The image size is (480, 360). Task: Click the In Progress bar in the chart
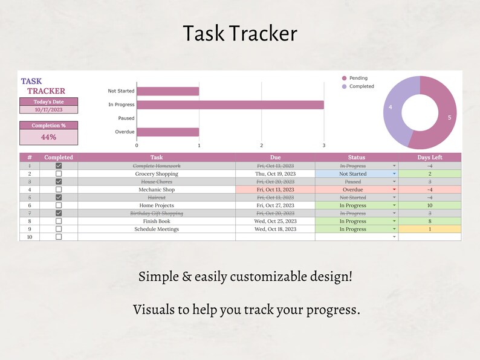tap(230, 104)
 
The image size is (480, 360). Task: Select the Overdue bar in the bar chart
tap(167, 132)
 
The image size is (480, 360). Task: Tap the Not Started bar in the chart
tap(167, 91)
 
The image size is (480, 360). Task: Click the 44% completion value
tap(49, 137)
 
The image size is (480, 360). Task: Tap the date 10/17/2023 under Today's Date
tap(49, 110)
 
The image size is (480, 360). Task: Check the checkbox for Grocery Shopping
tap(59, 174)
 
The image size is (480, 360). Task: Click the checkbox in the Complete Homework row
tap(59, 166)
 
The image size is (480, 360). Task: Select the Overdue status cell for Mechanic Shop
tap(353, 190)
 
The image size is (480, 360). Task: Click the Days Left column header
tap(430, 157)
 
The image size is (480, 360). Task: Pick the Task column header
tap(157, 157)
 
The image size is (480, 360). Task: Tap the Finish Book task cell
tap(157, 221)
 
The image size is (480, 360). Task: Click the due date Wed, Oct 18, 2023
tap(275, 229)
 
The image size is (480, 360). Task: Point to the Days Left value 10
tap(430, 205)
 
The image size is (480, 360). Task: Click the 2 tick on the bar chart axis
tap(261, 145)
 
